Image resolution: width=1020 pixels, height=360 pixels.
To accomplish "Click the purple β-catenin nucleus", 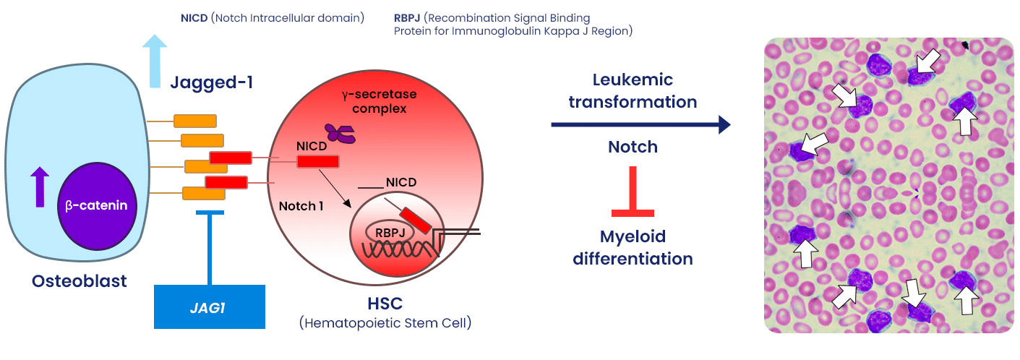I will [95, 205].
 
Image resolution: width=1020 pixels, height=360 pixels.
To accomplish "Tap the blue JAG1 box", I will [209, 307].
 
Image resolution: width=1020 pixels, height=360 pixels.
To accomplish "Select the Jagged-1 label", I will [211, 82].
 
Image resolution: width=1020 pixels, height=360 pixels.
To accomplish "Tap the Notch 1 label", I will [301, 206].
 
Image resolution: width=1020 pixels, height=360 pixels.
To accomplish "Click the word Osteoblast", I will [80, 280].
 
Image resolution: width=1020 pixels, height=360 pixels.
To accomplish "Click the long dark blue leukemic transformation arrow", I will [640, 124].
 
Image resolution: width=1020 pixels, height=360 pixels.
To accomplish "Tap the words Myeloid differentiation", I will [633, 247].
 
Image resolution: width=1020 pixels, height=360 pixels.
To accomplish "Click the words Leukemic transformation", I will [633, 90].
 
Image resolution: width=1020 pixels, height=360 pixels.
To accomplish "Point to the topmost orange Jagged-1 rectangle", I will [195, 120].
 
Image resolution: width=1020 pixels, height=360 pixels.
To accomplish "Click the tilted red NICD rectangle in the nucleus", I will [416, 220].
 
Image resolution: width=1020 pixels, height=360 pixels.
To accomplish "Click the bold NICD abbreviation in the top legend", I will [194, 17].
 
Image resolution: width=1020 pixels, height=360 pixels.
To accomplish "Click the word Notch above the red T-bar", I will [633, 147].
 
